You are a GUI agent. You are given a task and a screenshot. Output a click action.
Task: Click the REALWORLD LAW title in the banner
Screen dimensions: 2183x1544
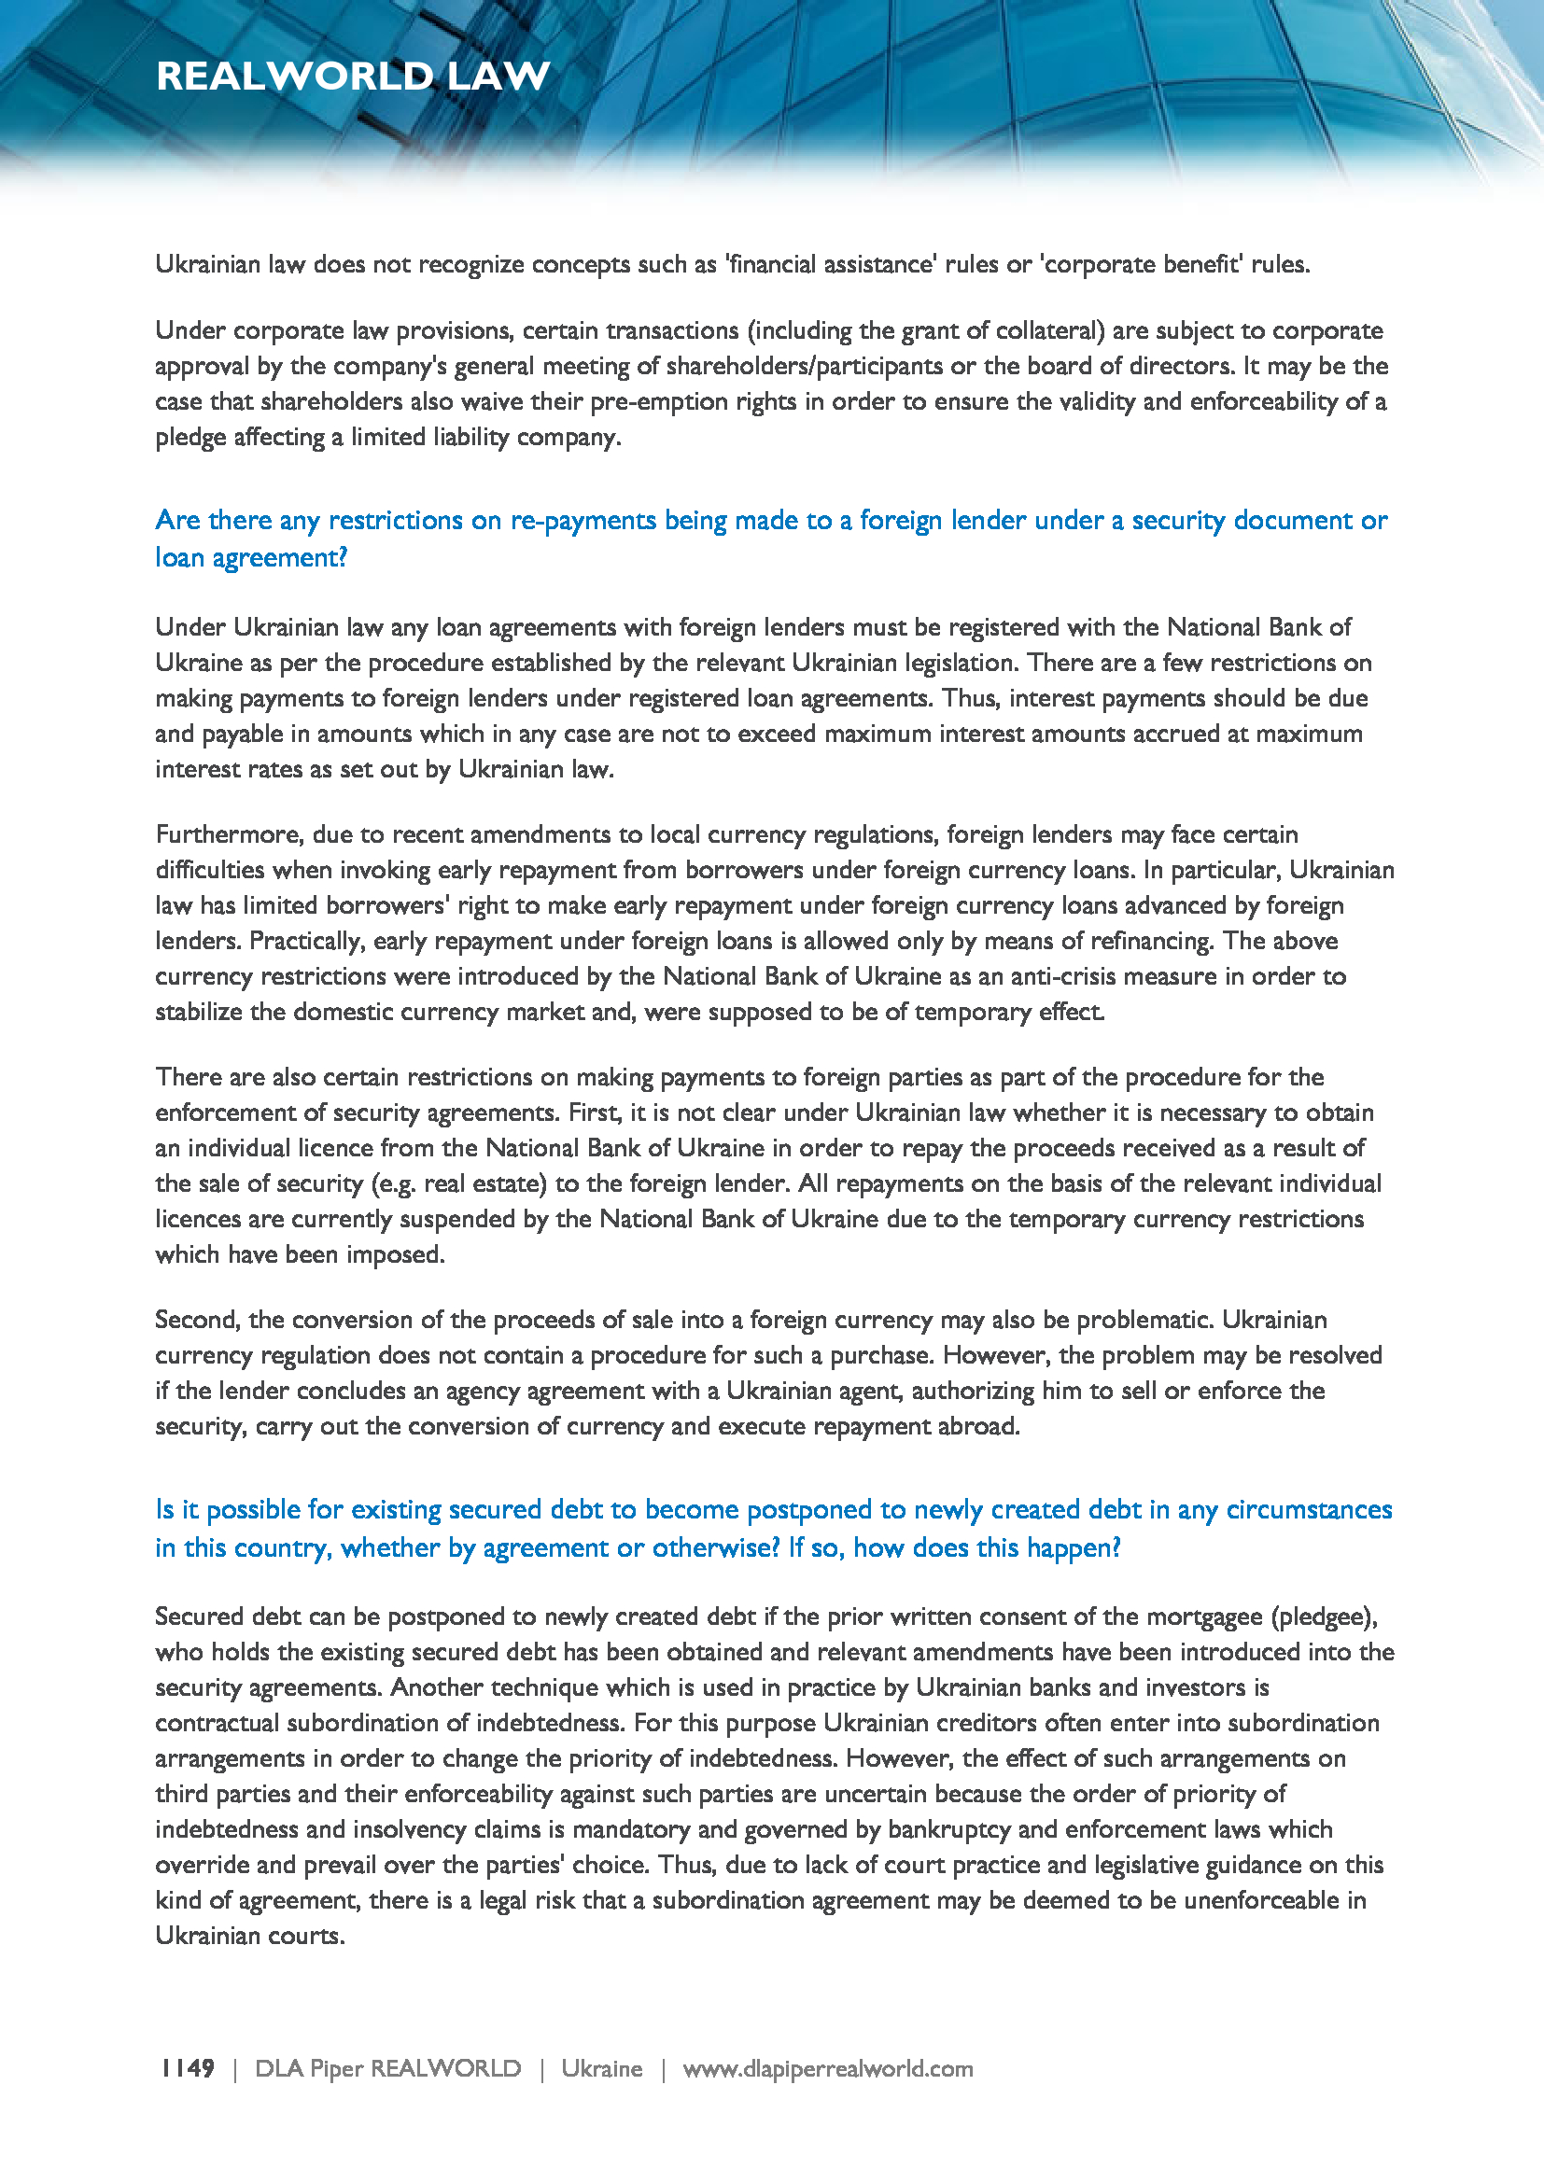click(x=353, y=76)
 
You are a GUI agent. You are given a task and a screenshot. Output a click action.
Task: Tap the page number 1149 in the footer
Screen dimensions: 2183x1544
click(x=188, y=2069)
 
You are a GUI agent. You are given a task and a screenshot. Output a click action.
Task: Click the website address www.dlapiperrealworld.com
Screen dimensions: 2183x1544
click(x=827, y=2069)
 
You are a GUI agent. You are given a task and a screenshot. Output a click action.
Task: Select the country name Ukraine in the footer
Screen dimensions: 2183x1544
click(x=601, y=2069)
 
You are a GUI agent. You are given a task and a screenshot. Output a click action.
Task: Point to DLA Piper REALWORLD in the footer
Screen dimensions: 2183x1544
click(x=388, y=2069)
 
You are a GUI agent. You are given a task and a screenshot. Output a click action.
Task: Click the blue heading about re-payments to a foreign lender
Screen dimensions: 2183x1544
click(x=770, y=539)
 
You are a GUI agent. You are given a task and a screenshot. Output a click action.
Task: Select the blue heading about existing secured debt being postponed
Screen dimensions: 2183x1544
click(x=772, y=1528)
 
